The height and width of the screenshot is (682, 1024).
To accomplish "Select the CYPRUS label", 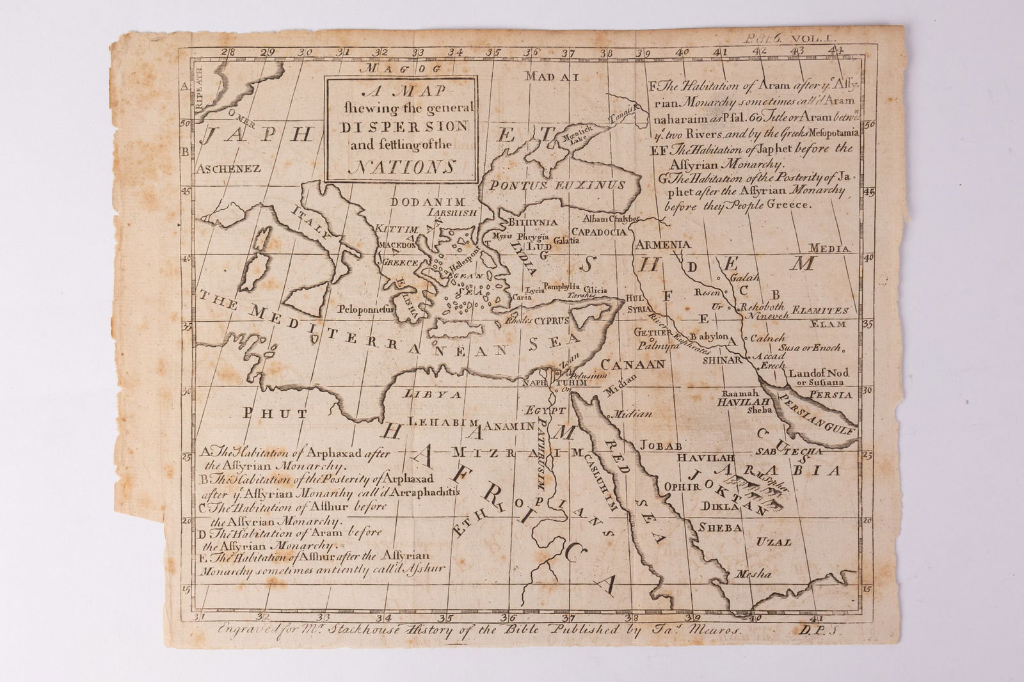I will (552, 319).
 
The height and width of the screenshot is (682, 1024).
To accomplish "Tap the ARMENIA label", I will (663, 244).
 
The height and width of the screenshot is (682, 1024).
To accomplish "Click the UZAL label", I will (774, 542).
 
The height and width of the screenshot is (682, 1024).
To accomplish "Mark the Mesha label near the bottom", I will (754, 574).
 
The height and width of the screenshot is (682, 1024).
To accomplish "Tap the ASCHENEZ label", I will (229, 170).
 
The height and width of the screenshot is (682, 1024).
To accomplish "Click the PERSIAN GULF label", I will (816, 416).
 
